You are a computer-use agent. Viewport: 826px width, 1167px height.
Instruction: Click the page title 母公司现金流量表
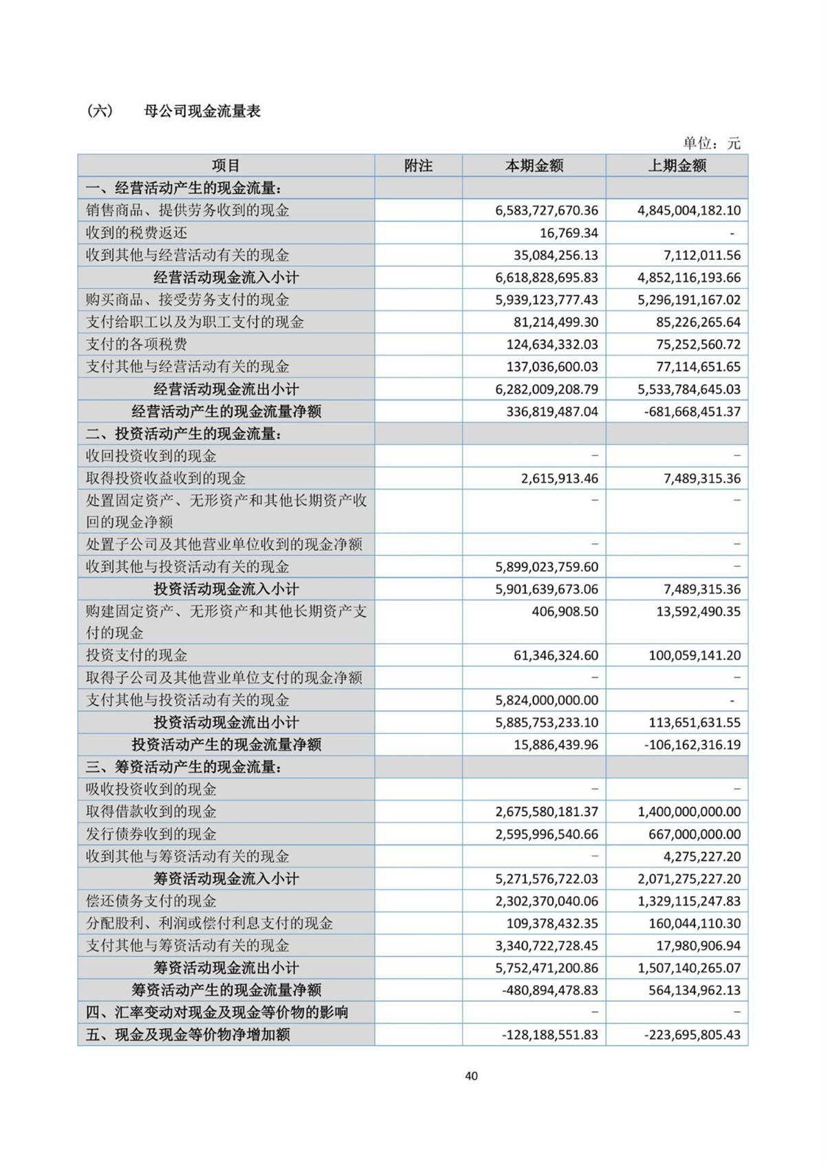(202, 111)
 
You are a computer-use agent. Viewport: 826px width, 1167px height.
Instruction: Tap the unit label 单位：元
(711, 143)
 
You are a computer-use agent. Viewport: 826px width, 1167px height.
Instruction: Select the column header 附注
(418, 166)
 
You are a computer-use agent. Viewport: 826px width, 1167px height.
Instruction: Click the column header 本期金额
(534, 166)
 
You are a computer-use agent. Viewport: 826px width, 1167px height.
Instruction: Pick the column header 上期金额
(677, 166)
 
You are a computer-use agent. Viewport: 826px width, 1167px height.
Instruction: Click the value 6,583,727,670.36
(547, 210)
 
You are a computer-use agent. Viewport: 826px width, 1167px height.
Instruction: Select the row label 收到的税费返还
(136, 233)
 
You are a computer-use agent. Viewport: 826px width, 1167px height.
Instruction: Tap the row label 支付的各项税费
(136, 345)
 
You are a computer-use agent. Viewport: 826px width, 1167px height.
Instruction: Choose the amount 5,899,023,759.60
(547, 567)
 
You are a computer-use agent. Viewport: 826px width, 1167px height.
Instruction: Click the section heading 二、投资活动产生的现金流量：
(184, 434)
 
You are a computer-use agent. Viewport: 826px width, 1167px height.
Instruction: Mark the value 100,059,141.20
(695, 655)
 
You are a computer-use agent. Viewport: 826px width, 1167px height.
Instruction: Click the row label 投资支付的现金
(136, 655)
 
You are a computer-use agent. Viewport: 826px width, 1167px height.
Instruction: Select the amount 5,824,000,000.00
(547, 700)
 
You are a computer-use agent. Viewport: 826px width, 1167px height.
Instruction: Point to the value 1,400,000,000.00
(689, 811)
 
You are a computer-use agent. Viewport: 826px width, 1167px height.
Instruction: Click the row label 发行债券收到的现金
(151, 834)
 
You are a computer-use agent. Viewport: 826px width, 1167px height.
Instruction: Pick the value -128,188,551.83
(550, 1034)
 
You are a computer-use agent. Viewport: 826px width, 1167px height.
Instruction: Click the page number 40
(471, 1076)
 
